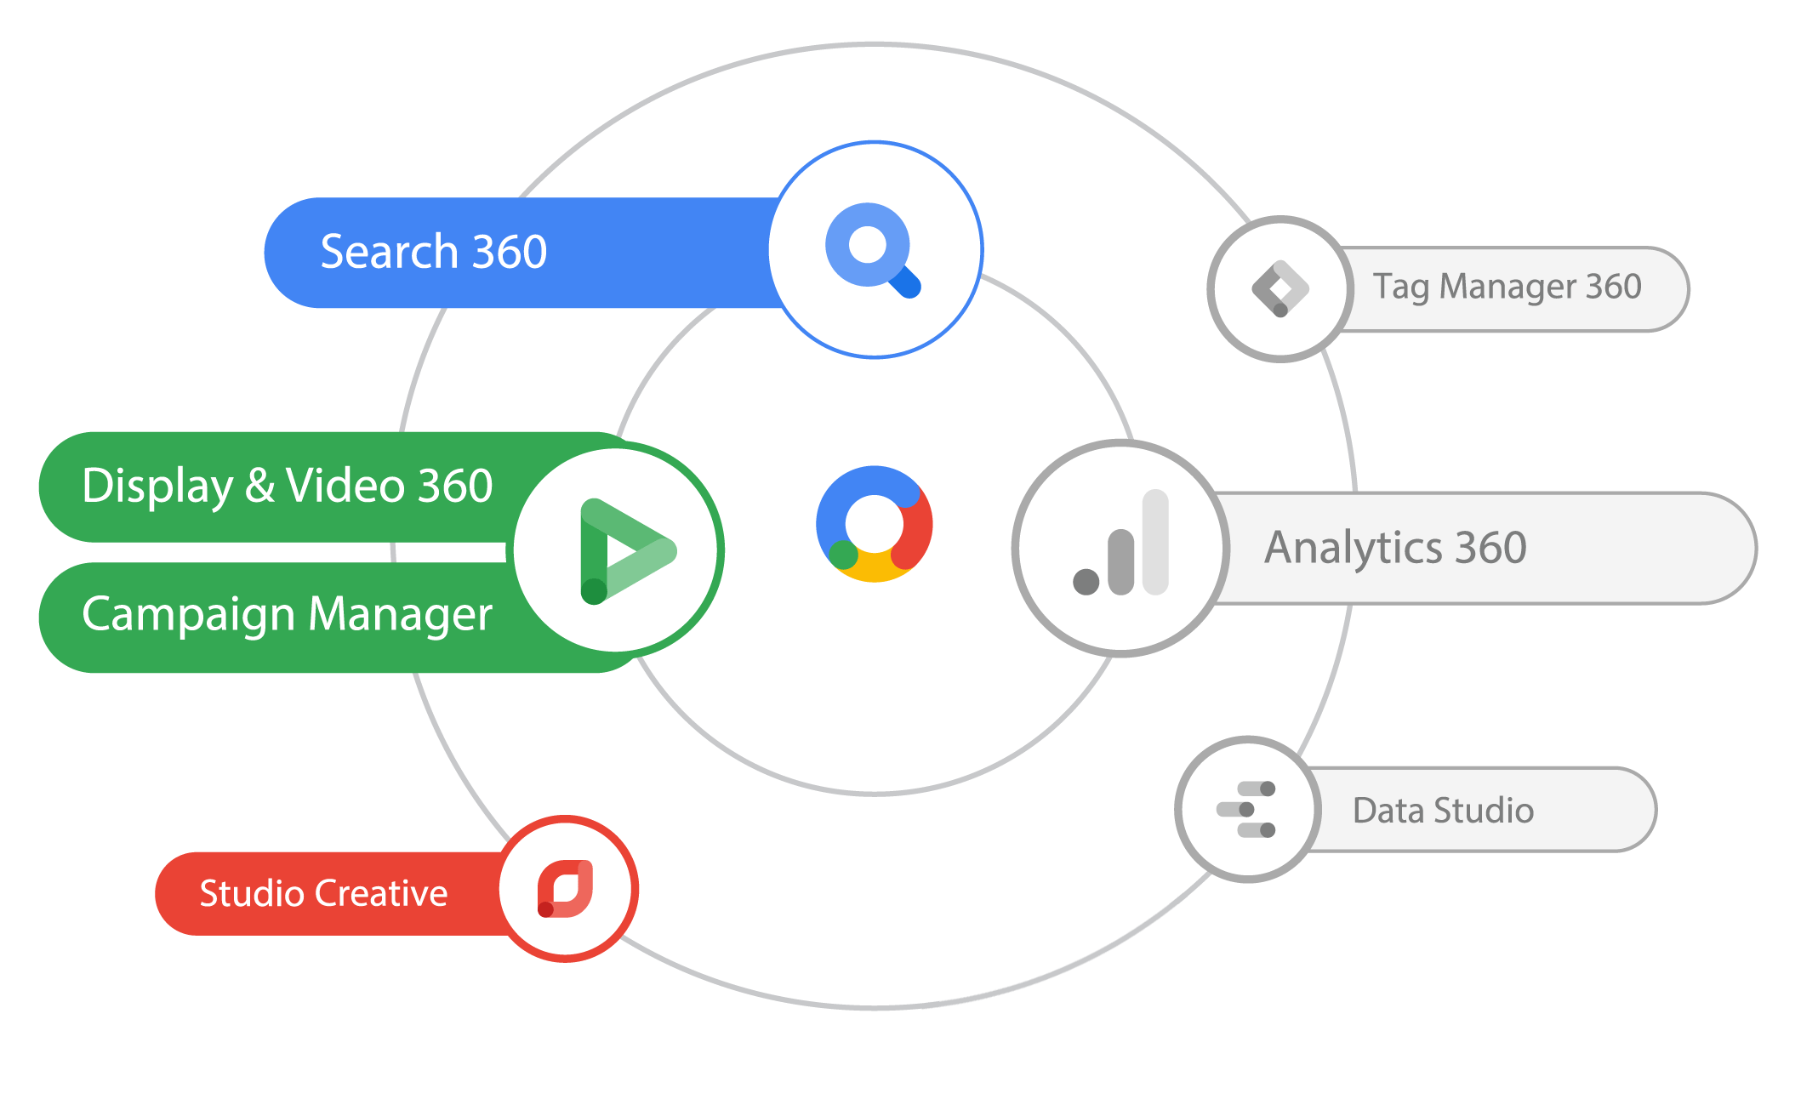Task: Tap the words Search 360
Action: [x=433, y=253]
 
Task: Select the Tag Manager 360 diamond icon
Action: [x=1280, y=289]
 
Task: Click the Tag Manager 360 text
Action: [x=1507, y=288]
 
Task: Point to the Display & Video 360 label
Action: [x=287, y=487]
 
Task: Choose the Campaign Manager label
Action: [x=287, y=614]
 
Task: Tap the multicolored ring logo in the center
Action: [x=874, y=524]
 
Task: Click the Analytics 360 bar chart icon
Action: [x=1122, y=548]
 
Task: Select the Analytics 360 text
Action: [x=1395, y=548]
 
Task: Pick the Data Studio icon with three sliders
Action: [x=1247, y=809]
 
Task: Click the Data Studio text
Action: [x=1443, y=811]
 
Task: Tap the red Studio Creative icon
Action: [x=566, y=889]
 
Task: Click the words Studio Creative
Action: [x=323, y=894]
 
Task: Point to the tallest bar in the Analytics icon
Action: [x=1155, y=542]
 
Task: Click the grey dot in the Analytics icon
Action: [x=1086, y=582]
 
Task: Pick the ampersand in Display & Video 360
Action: [x=259, y=487]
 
